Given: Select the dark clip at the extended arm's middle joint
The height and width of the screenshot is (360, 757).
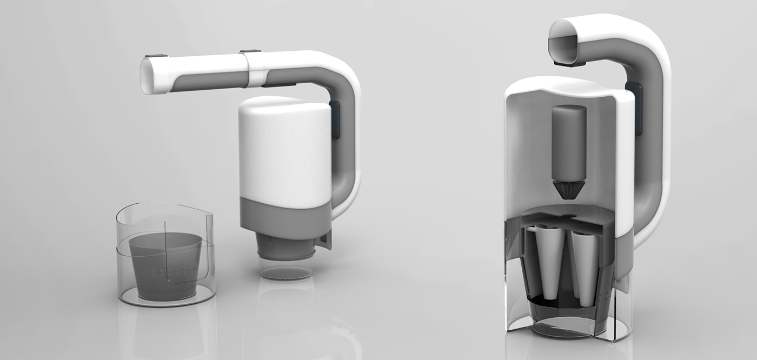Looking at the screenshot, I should point(250,52).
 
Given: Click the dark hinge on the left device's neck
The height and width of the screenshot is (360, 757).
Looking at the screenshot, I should point(334,119).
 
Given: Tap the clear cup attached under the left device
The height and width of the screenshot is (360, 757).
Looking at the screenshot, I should point(286,268).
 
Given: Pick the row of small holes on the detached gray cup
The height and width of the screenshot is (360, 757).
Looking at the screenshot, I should point(165,270).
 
